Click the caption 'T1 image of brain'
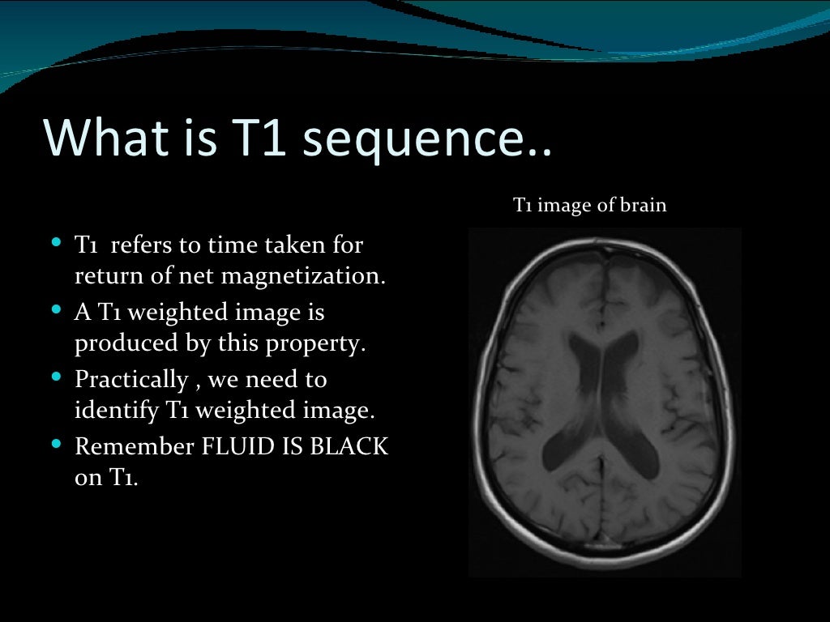pos(590,206)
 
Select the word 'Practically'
pos(132,379)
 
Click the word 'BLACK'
pos(349,446)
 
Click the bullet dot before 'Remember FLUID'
pos(56,444)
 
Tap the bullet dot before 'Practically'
pos(56,377)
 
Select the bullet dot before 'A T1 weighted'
pos(56,309)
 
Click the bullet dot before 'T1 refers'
pos(56,241)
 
